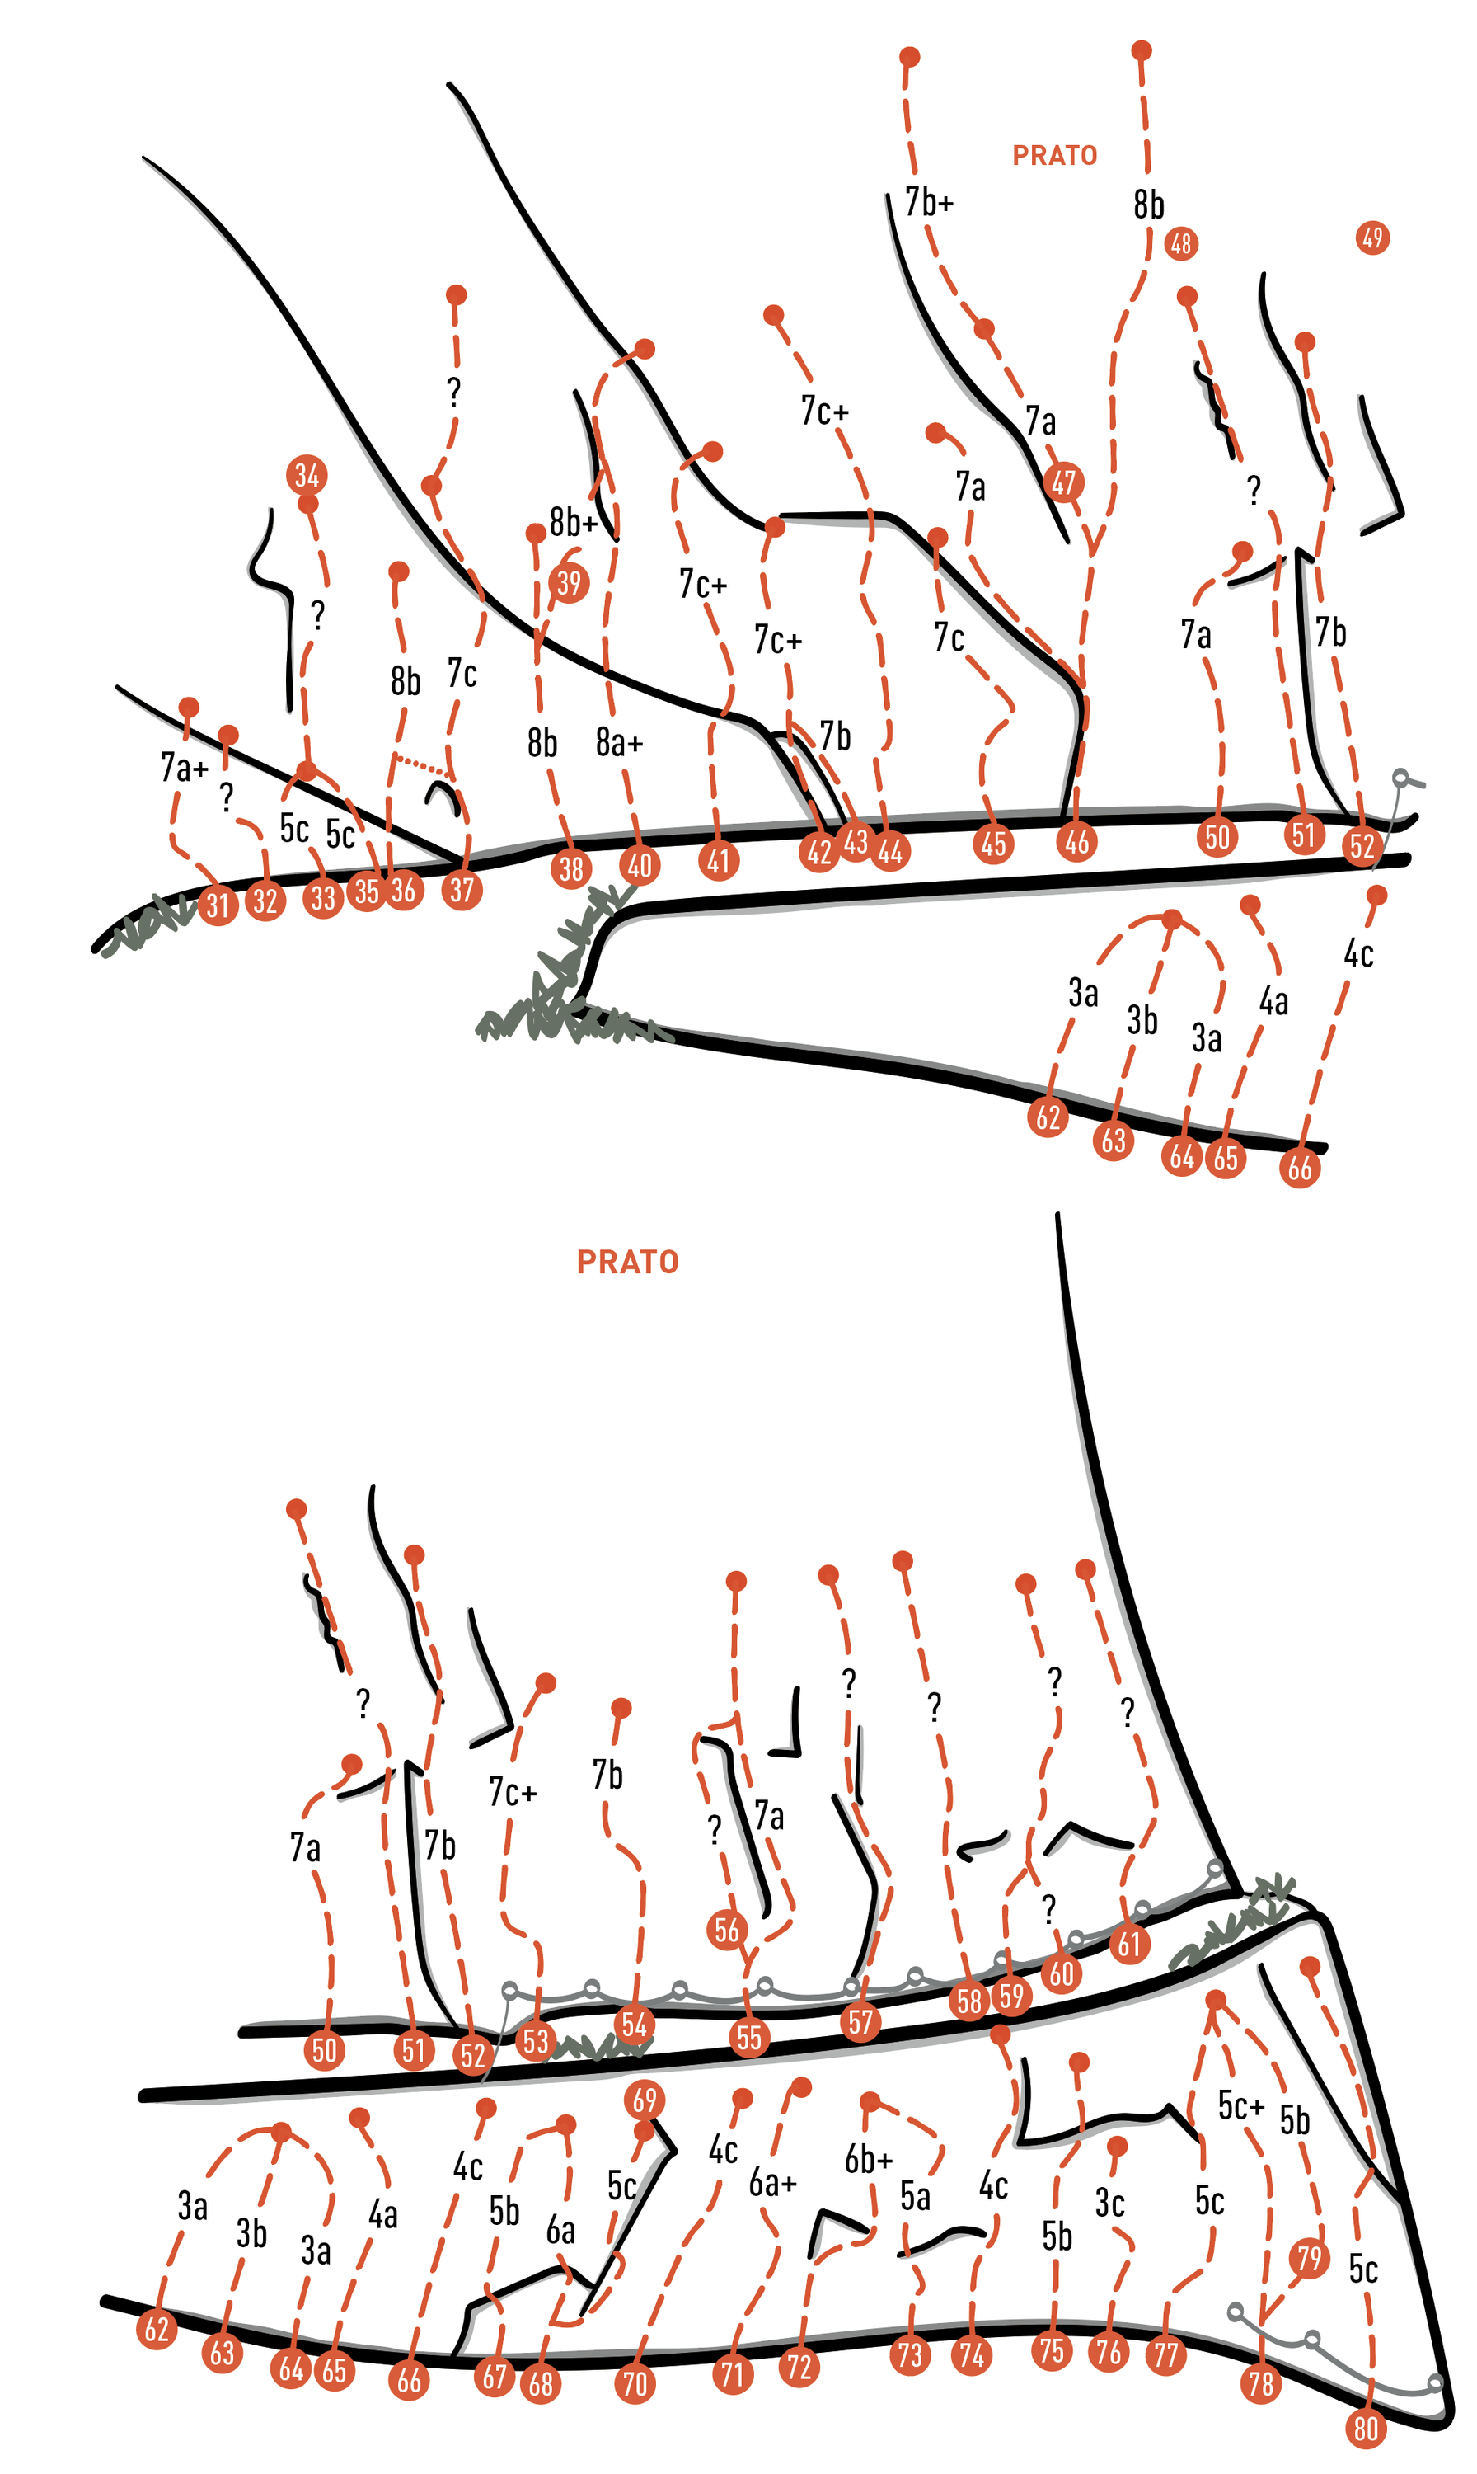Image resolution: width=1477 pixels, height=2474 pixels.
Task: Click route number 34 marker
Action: coord(307,475)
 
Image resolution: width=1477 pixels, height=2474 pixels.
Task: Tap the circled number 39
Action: coord(569,582)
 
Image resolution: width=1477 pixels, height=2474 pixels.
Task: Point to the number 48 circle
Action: coord(1180,243)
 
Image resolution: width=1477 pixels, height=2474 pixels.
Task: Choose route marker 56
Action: coord(728,1930)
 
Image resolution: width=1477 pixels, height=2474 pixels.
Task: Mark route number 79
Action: coord(1309,2258)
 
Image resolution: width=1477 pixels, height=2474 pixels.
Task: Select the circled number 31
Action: coord(218,905)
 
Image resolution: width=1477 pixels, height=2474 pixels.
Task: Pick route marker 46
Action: coord(1077,842)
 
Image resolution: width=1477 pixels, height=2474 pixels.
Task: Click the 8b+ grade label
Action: coord(574,520)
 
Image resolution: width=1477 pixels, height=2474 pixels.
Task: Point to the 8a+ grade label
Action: coord(619,741)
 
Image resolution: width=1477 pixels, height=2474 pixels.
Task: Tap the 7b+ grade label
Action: coord(929,202)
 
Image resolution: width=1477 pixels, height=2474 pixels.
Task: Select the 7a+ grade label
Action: coord(184,767)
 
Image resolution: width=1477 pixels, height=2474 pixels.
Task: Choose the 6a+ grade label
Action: coord(773,2182)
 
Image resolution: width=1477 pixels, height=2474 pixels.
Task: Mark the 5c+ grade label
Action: coord(1241,2105)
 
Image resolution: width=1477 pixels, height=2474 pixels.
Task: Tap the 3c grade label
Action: coord(1109,2202)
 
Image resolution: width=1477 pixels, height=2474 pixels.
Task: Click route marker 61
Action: coord(1128,1944)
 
